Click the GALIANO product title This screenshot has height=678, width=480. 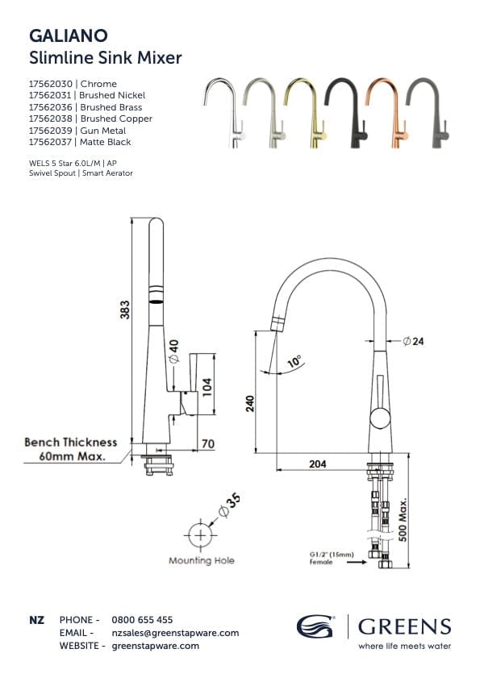pyautogui.click(x=69, y=35)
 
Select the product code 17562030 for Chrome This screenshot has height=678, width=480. pyautogui.click(x=50, y=84)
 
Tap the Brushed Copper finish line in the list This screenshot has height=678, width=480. pyautogui.click(x=90, y=119)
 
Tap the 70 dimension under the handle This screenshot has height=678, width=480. pyautogui.click(x=207, y=443)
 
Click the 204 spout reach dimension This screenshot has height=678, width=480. pyautogui.click(x=318, y=463)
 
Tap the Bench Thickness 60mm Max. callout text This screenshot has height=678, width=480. pyautogui.click(x=70, y=449)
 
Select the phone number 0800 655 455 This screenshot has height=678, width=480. pyautogui.click(x=141, y=620)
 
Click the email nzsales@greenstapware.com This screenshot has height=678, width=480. pyautogui.click(x=174, y=633)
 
